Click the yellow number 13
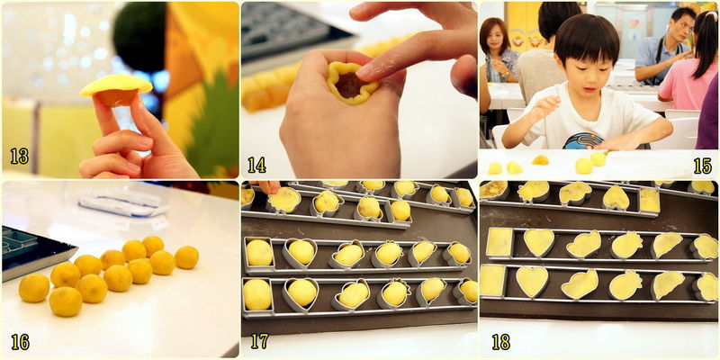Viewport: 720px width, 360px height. coord(19,156)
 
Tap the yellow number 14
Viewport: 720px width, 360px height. coord(256,165)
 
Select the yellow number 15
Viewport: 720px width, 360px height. coord(703,166)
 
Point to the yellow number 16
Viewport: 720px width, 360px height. coord(20,342)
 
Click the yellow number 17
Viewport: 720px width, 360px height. coord(259,341)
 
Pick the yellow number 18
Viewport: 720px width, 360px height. coord(501,342)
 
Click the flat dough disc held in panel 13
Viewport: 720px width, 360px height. coord(116,85)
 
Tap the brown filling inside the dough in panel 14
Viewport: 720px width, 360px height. coord(347,85)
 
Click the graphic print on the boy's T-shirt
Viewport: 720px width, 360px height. coord(583,140)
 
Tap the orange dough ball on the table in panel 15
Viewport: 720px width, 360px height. coord(540,160)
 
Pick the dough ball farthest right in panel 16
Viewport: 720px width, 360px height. coord(186,257)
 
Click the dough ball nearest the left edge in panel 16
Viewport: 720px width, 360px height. coord(34,288)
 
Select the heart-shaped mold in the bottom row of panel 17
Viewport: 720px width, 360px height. coord(301,295)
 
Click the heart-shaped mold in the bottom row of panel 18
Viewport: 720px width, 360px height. coord(532,281)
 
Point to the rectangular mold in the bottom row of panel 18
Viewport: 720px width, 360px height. coord(492,281)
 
